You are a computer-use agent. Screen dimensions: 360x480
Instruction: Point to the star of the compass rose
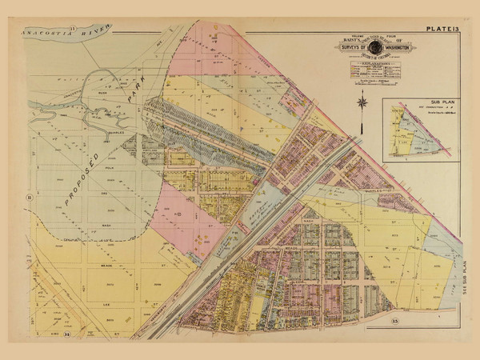tap(362, 102)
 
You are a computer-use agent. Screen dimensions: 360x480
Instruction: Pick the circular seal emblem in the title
tap(370, 46)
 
